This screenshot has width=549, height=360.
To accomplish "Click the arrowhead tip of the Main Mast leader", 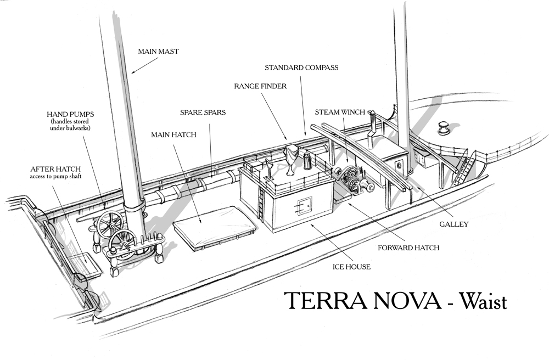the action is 131,74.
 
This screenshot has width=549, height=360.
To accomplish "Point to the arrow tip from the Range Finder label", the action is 287,140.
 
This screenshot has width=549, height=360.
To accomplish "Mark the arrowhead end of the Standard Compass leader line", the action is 305,136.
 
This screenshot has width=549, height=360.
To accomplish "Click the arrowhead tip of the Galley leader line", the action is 417,187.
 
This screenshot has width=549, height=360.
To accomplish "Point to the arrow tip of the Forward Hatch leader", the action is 347,202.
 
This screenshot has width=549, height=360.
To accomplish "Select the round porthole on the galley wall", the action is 399,165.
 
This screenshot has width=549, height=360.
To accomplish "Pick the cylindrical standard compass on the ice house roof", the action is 307,160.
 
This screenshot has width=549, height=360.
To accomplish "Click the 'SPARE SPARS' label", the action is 203,113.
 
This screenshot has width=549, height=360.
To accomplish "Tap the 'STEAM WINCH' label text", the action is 340,113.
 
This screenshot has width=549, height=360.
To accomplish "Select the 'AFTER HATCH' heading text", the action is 55,169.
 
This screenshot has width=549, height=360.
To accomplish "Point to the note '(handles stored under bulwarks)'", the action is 70,125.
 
